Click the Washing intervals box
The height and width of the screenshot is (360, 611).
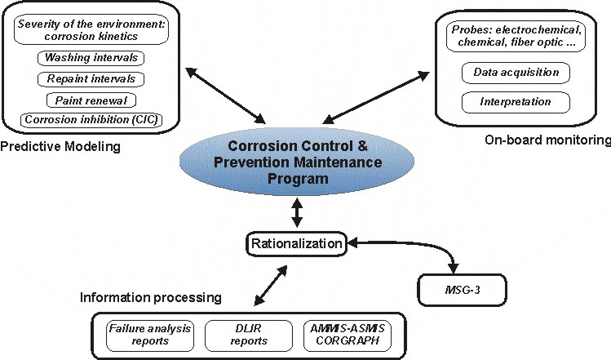(91, 58)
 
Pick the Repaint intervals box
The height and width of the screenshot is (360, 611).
(91, 79)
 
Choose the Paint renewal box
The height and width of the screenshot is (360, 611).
(91, 100)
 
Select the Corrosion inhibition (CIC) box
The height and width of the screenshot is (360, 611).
(91, 120)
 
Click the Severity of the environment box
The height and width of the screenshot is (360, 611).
(91, 30)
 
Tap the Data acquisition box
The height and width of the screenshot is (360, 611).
(516, 73)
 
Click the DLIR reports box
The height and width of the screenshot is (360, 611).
(237, 336)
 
